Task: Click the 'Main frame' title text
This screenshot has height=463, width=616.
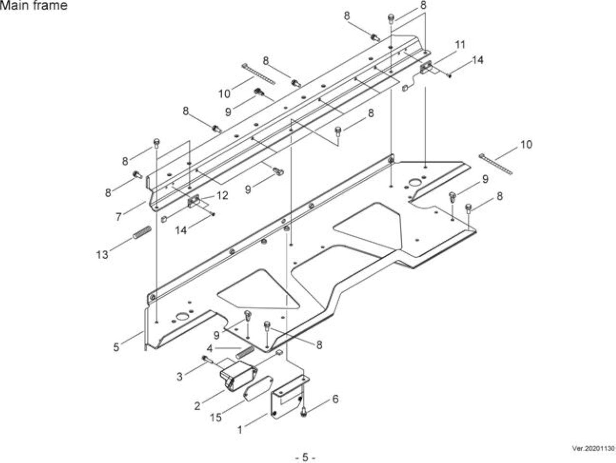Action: coord(34,5)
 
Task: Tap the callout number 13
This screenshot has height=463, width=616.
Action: coord(102,254)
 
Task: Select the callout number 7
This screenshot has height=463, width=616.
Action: coord(118,217)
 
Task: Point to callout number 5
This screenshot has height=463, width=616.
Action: coord(116,347)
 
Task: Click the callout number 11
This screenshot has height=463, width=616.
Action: coord(460,45)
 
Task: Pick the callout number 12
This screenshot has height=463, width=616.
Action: coord(222,195)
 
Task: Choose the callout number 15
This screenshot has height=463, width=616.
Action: coord(216,418)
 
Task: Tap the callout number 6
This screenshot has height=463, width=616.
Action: coord(335,399)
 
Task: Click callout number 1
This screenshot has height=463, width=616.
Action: coord(240,430)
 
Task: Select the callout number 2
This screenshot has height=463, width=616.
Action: coord(197,406)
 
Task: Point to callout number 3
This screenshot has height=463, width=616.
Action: coord(180,376)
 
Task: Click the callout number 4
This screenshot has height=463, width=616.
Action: coord(210,349)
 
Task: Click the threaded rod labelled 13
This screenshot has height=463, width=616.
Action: coord(142,232)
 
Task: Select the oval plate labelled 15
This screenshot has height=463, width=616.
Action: coord(258,388)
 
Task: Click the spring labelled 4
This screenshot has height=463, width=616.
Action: coord(245,352)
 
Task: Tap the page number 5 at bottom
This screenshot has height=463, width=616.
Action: coord(305,458)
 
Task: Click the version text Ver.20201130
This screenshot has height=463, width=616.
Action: coord(593,449)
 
